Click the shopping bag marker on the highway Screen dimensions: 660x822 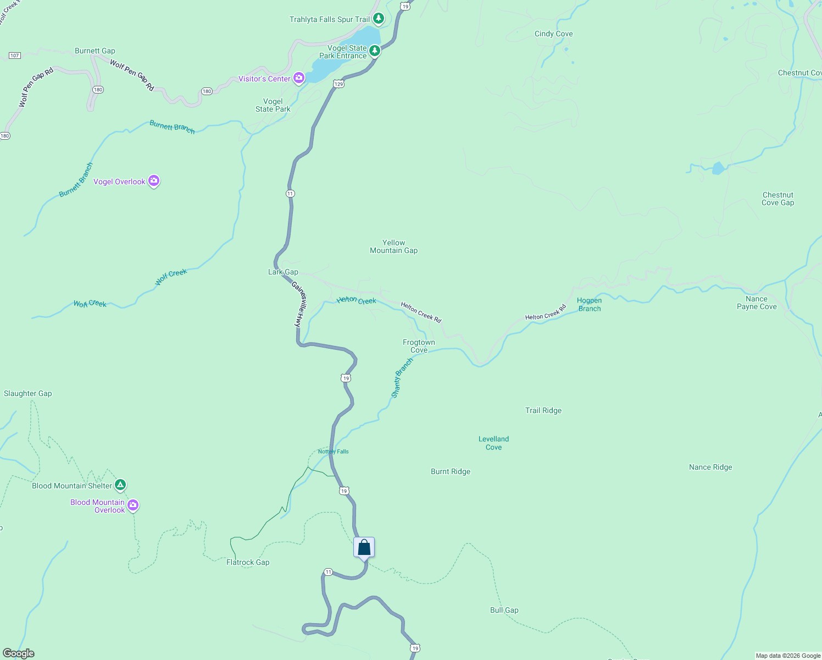[364, 548]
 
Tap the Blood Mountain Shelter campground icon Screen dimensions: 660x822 [120, 485]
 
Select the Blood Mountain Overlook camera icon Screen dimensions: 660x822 [133, 505]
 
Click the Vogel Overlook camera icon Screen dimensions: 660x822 [154, 181]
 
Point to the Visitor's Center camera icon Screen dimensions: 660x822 [299, 78]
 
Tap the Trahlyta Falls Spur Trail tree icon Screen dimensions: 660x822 [378, 19]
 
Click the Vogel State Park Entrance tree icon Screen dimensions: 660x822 [375, 51]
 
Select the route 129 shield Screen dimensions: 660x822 [338, 84]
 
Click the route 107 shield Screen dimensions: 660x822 [15, 56]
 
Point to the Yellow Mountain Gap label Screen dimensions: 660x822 [393, 246]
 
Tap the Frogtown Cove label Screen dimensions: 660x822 [419, 346]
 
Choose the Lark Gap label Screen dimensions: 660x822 [283, 272]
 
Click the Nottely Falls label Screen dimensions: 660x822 [333, 452]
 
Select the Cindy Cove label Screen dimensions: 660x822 [553, 34]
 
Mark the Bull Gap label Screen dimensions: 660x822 [504, 610]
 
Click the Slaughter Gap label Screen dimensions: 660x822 [28, 393]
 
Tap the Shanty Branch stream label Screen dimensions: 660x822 [402, 378]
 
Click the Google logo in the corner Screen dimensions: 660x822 [18, 653]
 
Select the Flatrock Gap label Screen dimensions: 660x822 [248, 562]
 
